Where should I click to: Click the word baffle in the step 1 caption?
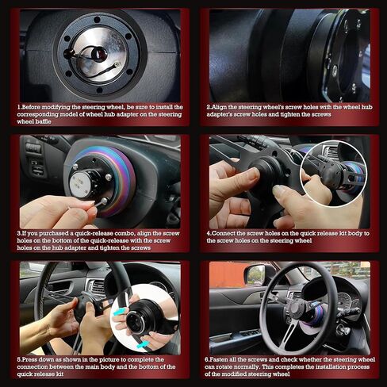coord(51,123)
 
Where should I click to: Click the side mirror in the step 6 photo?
coord(255,274)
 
